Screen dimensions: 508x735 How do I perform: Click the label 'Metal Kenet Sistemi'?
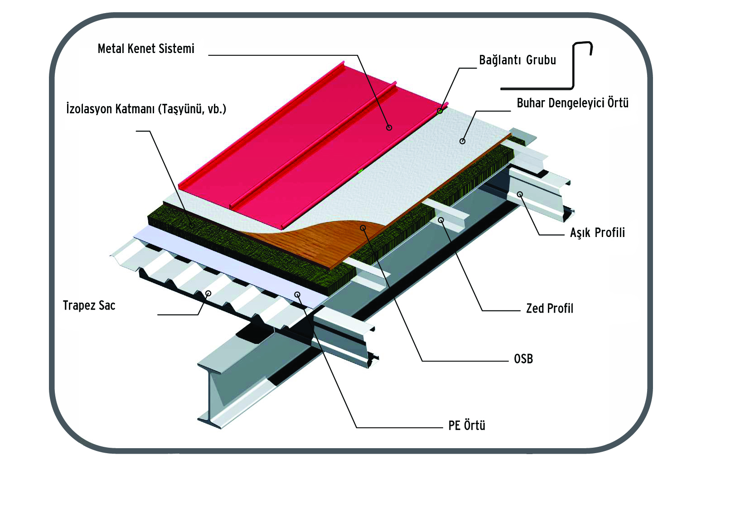pos(146,49)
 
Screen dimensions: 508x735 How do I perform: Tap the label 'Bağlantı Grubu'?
pos(517,60)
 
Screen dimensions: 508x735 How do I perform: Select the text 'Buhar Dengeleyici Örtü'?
pos(572,103)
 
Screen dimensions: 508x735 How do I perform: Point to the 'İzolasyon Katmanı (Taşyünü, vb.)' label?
pos(146,109)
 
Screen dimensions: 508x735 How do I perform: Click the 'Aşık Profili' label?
pos(597,233)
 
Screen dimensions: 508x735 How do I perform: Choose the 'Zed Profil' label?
pos(549,309)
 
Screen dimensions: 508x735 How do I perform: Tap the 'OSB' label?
pos(523,359)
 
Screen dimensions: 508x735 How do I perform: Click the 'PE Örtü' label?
pos(466,426)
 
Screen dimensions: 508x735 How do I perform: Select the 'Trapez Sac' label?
pos(89,306)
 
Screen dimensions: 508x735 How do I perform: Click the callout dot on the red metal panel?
pos(389,128)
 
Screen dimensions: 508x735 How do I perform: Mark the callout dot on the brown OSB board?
pos(363,227)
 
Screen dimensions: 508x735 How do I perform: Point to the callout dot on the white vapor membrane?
pos(462,141)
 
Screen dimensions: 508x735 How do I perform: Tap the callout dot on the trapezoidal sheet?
pos(208,294)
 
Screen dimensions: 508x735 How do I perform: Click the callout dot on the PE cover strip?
pos(297,295)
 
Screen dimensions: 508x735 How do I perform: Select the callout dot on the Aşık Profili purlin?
pos(520,194)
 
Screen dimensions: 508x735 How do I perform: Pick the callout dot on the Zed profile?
pos(441,220)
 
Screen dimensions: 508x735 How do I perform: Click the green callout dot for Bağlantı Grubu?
pos(440,111)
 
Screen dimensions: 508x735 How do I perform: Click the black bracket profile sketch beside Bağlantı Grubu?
pos(573,68)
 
